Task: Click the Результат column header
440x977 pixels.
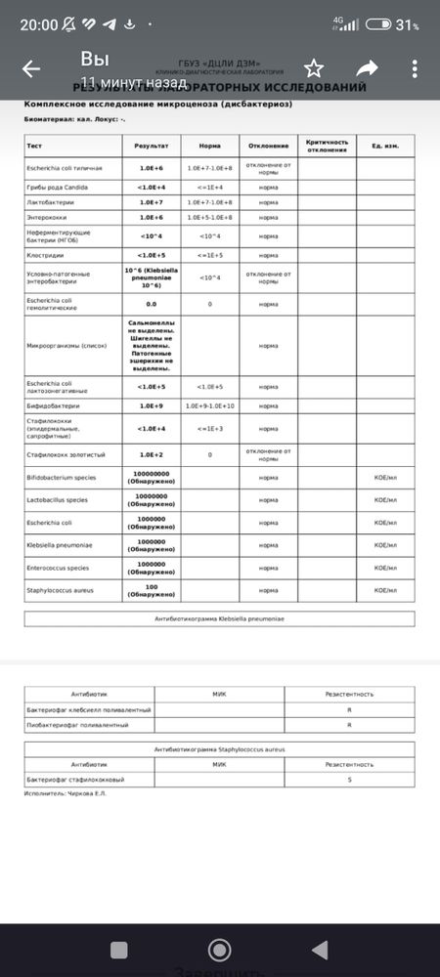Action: (150, 146)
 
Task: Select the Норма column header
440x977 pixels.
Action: (209, 146)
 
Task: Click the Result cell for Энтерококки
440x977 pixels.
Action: (150, 217)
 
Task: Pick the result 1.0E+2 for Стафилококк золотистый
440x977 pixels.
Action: (150, 454)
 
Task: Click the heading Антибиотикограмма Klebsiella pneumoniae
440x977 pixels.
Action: (219, 618)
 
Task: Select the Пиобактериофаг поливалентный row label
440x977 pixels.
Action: (77, 725)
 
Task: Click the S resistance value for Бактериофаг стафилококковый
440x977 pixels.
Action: (349, 779)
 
